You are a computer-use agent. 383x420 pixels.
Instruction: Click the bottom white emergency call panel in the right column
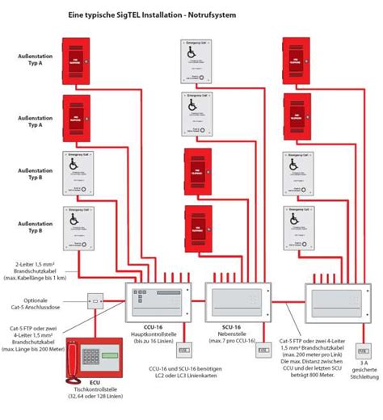click(x=297, y=225)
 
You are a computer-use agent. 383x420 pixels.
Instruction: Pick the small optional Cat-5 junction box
click(x=95, y=302)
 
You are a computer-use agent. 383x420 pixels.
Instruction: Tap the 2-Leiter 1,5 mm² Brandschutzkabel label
click(x=44, y=270)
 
